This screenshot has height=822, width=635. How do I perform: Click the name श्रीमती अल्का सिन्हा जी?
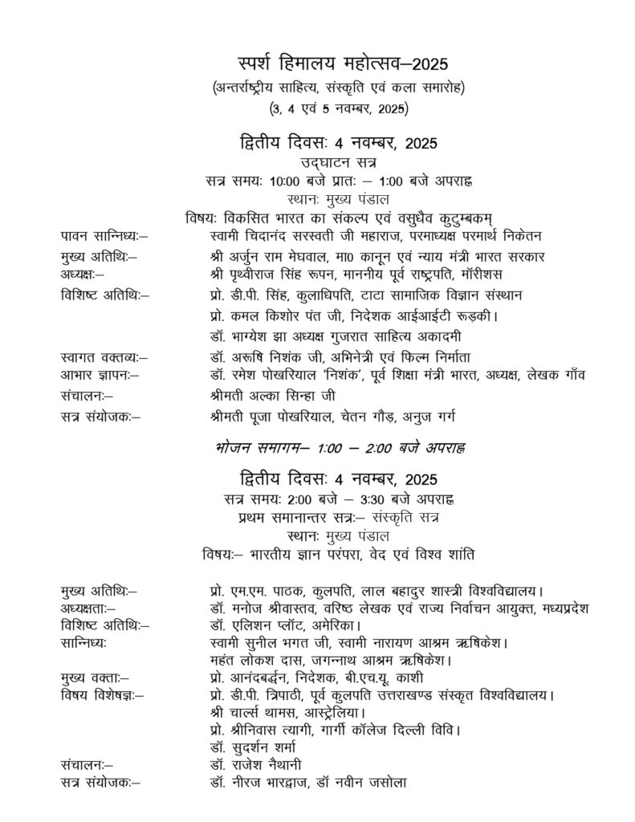(x=269, y=395)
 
